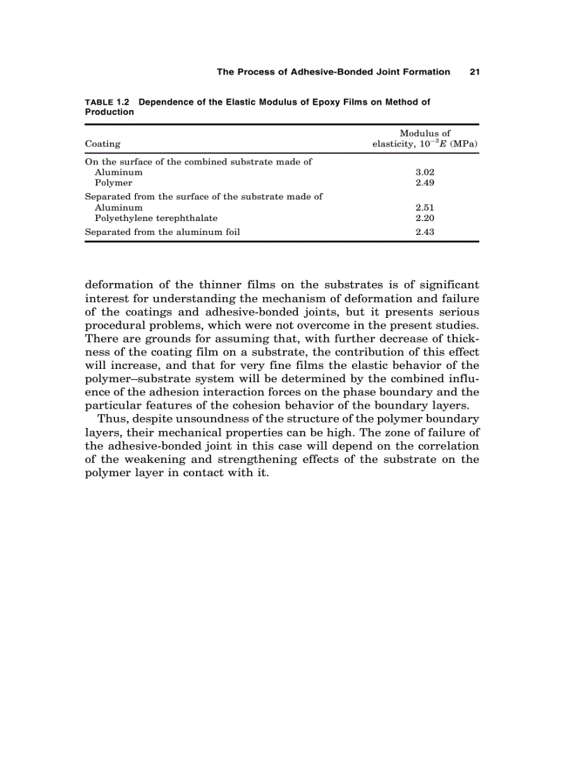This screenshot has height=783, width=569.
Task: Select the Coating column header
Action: [x=103, y=144]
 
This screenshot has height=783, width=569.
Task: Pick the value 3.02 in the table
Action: [x=425, y=172]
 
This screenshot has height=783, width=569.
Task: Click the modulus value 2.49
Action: [x=425, y=183]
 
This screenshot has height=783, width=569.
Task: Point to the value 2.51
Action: [x=425, y=208]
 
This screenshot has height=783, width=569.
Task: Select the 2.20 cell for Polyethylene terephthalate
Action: [x=425, y=218]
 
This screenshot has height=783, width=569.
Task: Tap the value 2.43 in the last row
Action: [x=425, y=232]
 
